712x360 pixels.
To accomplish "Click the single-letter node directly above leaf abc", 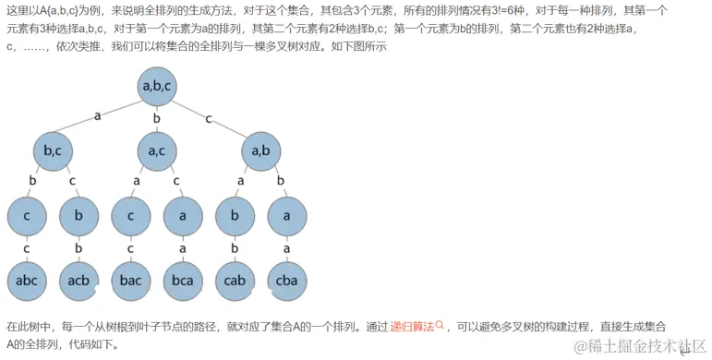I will [26, 217].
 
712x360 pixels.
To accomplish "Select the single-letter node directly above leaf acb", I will [78, 217].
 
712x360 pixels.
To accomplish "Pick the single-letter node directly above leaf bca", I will [183, 217].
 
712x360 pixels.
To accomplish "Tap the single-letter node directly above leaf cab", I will [235, 217].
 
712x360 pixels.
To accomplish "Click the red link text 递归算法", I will [412, 326].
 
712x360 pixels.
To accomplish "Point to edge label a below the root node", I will [96, 116].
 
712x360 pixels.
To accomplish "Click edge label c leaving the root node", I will [209, 116].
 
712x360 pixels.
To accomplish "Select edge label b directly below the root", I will [156, 118].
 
